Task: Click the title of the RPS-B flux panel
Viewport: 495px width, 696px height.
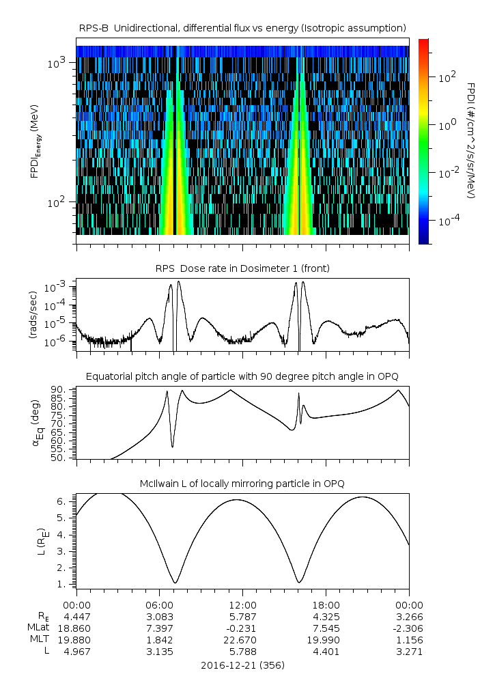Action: coord(242,27)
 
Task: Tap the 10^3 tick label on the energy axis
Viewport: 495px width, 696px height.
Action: coord(56,63)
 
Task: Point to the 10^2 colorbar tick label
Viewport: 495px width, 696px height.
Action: coord(447,78)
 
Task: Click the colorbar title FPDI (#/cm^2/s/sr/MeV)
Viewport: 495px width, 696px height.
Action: coord(471,141)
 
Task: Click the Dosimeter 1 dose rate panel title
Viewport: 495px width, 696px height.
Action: coord(242,268)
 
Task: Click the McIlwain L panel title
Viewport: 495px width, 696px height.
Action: coord(242,484)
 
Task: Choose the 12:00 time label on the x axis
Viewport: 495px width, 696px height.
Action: coord(242,604)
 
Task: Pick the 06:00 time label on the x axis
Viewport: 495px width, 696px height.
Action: coord(159,604)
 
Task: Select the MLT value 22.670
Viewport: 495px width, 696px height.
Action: coord(242,640)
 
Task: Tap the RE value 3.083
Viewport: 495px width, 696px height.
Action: coord(159,616)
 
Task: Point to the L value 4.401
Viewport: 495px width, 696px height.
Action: coord(326,652)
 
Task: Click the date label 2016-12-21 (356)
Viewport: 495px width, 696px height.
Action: coord(242,665)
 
